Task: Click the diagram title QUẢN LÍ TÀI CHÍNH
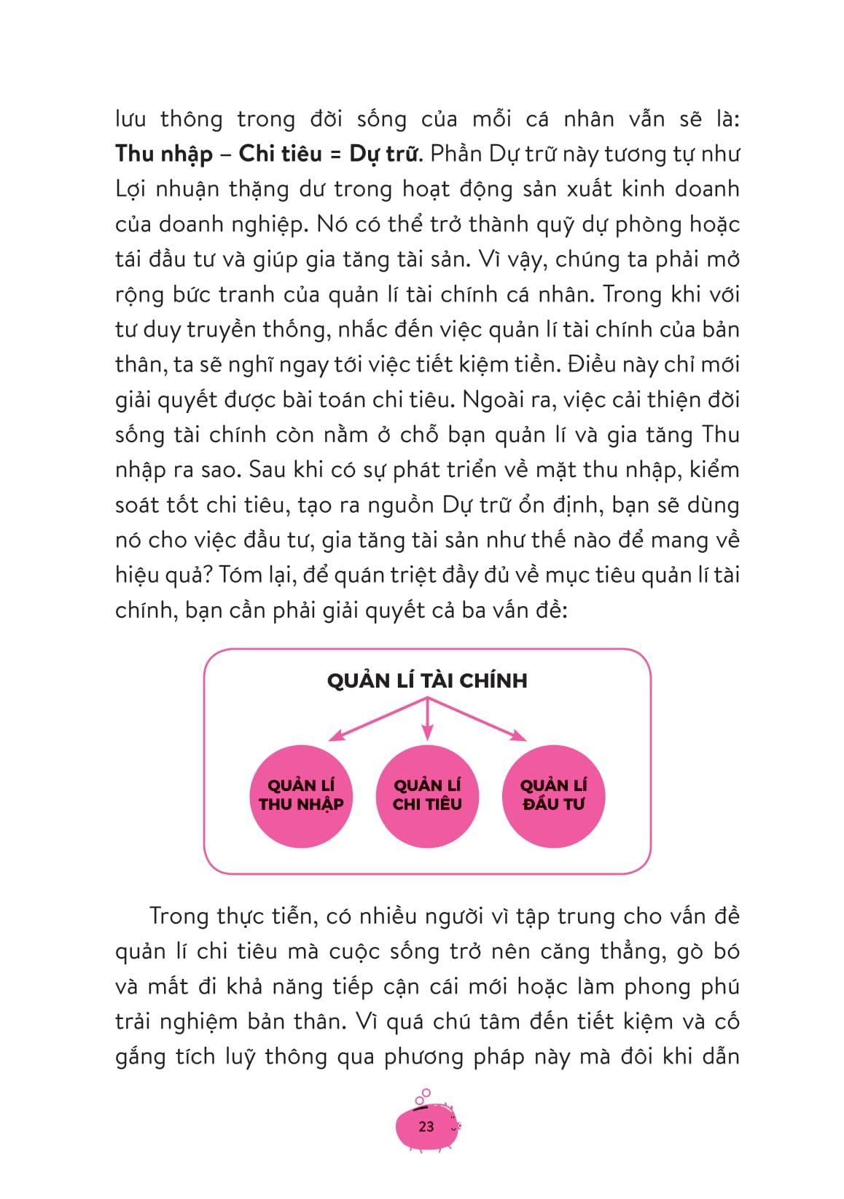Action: coord(427,681)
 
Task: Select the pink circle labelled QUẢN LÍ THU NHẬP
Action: coord(301,795)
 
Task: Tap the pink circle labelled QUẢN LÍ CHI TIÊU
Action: coord(427,795)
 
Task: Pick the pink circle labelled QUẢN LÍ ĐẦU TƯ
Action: coord(554,795)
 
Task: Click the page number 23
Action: coord(426,1126)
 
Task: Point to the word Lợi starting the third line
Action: coord(133,189)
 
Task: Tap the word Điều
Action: coord(602,365)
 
